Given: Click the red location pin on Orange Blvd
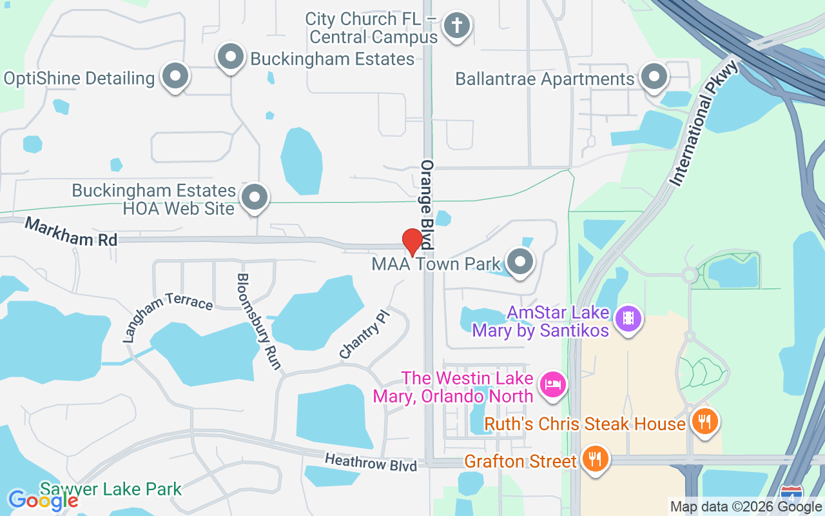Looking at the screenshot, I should coord(412,242).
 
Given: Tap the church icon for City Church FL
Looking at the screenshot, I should coord(457,26).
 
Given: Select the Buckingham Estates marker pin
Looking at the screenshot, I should coord(230,57).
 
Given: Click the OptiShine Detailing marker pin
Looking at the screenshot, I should coord(174,77).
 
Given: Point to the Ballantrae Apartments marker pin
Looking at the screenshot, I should coord(654,77).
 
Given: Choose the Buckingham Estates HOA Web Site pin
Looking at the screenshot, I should coord(255,197).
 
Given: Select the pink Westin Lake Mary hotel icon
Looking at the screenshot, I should coord(552,385).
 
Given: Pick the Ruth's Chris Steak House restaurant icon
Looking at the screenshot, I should coord(704,422).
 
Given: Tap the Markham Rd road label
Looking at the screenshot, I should coord(72,232).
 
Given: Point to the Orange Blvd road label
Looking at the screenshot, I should coord(427,204).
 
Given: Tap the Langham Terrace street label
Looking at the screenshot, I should coord(167,316).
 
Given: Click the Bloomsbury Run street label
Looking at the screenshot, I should coord(258,321).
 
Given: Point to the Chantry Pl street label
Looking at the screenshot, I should coord(364,334).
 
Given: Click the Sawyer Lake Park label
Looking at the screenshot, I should coord(111,489).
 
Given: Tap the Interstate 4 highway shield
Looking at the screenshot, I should coord(791,495).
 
